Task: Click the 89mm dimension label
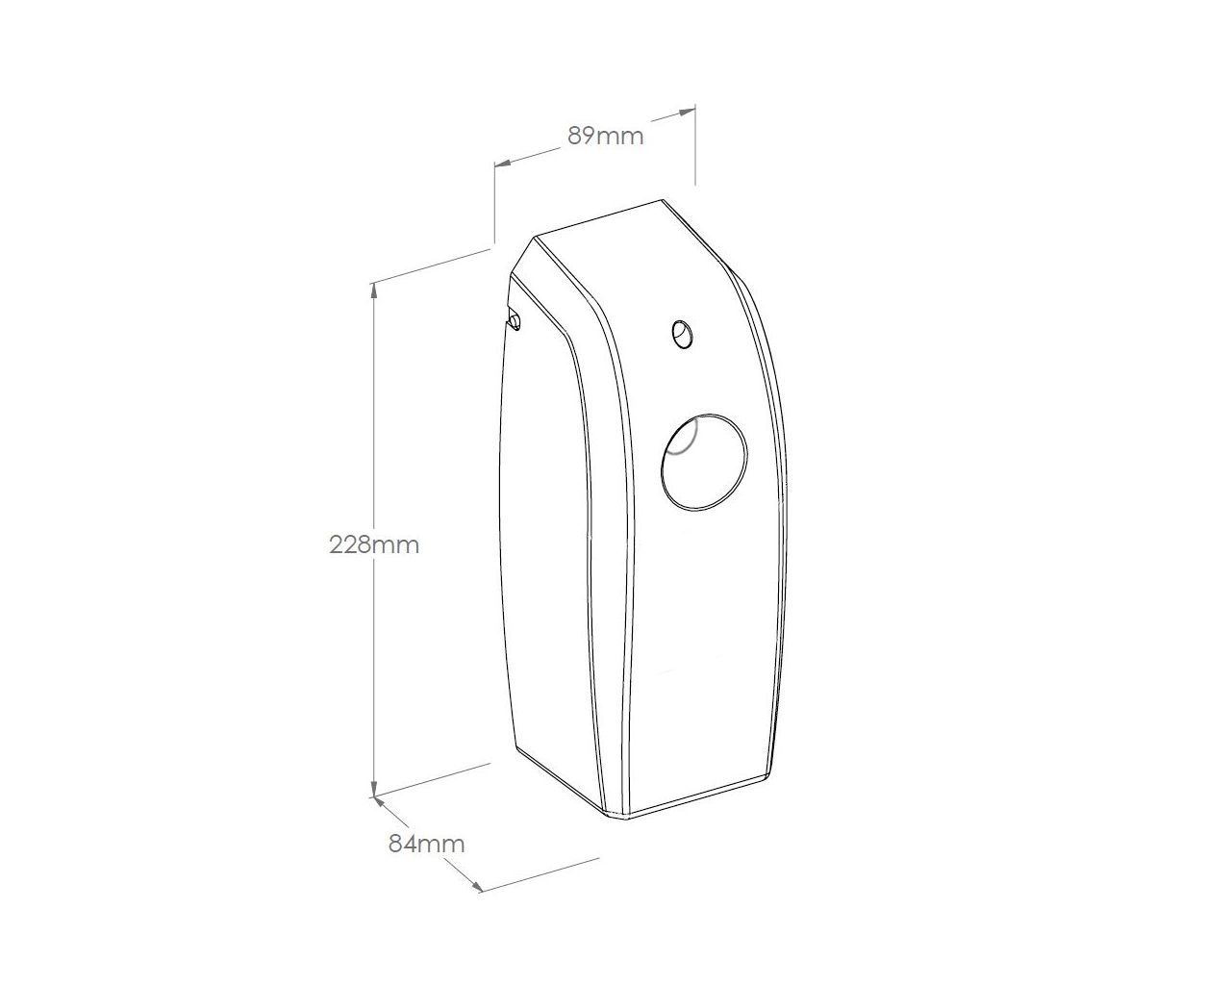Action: (x=605, y=137)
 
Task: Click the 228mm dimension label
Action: (x=374, y=544)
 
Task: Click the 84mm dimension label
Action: (x=426, y=845)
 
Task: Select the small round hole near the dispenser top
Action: (x=682, y=334)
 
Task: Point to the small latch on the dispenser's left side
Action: (x=515, y=320)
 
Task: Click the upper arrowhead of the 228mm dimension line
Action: (x=374, y=290)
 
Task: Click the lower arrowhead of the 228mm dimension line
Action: (x=374, y=789)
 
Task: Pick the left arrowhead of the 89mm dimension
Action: (x=502, y=164)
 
